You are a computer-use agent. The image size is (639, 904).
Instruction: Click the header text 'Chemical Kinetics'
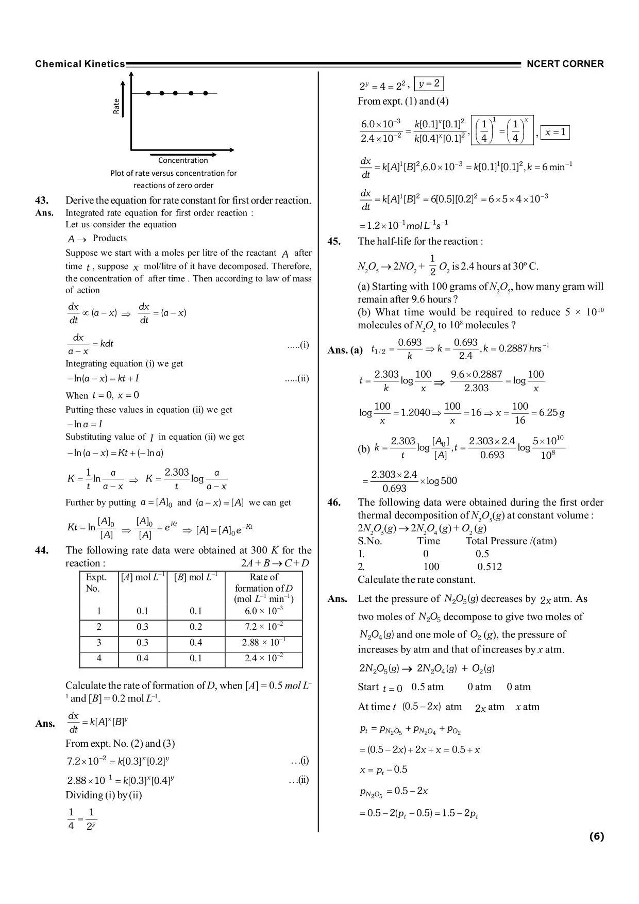pyautogui.click(x=80, y=64)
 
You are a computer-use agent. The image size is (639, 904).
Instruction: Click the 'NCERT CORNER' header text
pyautogui.click(x=565, y=64)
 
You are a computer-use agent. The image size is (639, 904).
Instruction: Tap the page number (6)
pyautogui.click(x=596, y=836)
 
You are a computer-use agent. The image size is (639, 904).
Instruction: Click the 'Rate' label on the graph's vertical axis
pyautogui.click(x=116, y=106)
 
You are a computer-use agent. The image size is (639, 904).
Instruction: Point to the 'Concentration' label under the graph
pyautogui.click(x=183, y=160)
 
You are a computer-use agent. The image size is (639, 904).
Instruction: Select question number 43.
pyautogui.click(x=42, y=200)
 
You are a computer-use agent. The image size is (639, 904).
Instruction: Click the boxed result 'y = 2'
pyautogui.click(x=429, y=83)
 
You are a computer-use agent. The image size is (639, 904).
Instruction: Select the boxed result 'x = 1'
pyautogui.click(x=555, y=132)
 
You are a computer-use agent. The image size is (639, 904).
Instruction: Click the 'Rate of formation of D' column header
pyautogui.click(x=263, y=588)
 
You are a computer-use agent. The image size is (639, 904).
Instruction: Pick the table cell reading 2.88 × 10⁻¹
pyautogui.click(x=263, y=643)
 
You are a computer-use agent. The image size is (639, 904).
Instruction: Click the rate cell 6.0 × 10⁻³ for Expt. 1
pyautogui.click(x=263, y=611)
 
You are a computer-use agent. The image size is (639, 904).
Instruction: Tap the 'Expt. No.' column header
pyautogui.click(x=96, y=582)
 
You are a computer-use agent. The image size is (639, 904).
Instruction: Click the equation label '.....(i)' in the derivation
pyautogui.click(x=298, y=345)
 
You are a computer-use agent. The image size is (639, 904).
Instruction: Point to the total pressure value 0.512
pyautogui.click(x=489, y=567)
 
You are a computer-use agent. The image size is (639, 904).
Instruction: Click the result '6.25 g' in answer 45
pyautogui.click(x=548, y=413)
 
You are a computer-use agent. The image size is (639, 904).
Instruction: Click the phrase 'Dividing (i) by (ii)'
pyautogui.click(x=104, y=795)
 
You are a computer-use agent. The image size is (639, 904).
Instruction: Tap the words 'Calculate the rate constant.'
pyautogui.click(x=416, y=579)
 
